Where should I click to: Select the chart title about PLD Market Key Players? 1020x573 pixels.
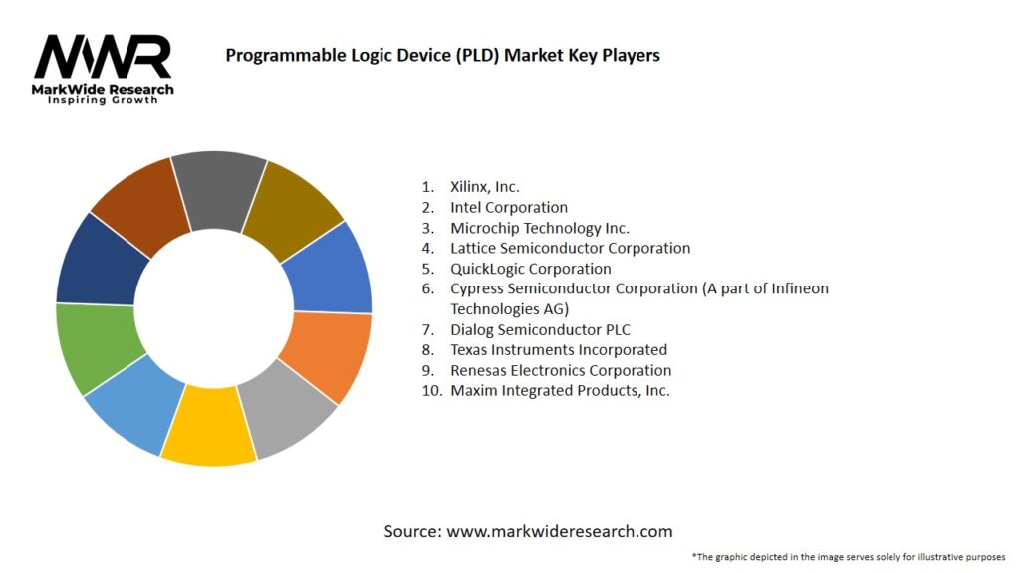(442, 55)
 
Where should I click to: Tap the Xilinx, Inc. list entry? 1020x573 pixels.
(484, 186)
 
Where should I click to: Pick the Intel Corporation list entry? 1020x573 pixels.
(508, 207)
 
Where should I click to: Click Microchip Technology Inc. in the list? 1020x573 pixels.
(539, 228)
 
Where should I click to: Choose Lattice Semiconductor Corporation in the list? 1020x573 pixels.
(570, 248)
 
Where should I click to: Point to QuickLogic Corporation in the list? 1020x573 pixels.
(530, 269)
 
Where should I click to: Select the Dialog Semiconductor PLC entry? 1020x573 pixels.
(540, 329)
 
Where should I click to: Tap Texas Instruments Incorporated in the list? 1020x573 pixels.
(558, 349)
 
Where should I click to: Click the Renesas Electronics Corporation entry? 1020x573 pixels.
(561, 370)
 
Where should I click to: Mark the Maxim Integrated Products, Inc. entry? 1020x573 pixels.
(560, 390)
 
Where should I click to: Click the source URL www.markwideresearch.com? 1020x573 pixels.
(559, 531)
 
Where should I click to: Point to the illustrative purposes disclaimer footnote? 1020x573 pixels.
(848, 556)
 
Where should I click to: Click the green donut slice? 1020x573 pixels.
(95, 348)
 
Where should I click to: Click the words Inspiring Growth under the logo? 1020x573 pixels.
(104, 100)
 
